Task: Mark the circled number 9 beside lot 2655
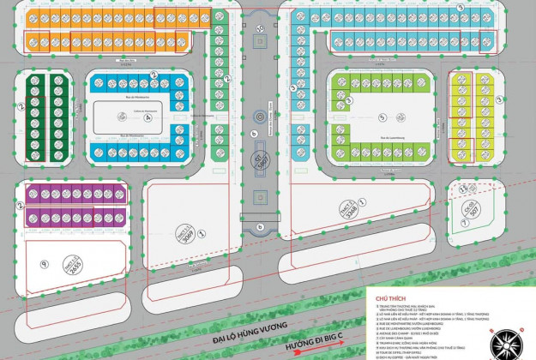(45, 244)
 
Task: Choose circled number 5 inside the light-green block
(380, 107)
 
